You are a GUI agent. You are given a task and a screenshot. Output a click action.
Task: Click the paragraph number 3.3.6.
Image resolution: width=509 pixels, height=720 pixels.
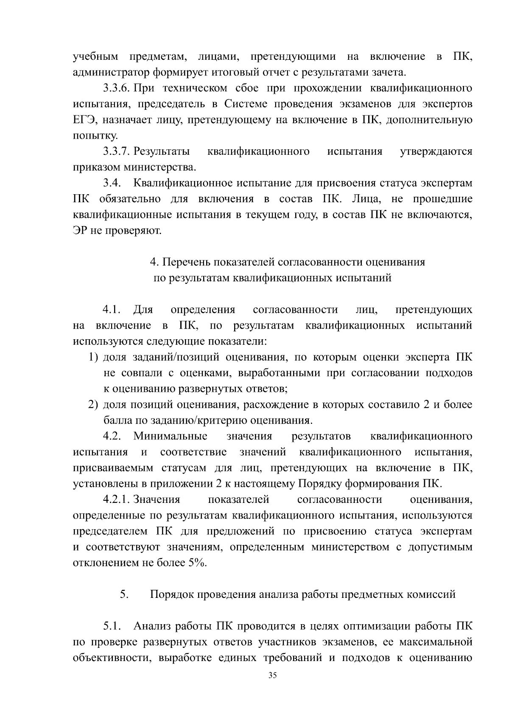click(x=116, y=89)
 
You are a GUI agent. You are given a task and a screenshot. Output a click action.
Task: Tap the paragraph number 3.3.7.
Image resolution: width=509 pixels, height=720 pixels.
click(x=116, y=151)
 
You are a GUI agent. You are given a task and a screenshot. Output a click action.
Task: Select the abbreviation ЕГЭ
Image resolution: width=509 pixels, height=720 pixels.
click(x=83, y=120)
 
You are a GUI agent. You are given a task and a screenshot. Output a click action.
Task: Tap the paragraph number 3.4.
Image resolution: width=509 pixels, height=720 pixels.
click(x=112, y=183)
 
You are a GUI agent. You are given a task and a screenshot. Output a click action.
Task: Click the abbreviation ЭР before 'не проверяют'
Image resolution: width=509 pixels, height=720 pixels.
click(x=80, y=231)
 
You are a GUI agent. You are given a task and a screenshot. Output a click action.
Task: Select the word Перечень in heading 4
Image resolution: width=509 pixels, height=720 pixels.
click(x=186, y=262)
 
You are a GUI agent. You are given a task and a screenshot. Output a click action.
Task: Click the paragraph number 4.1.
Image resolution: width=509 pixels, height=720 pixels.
click(x=112, y=310)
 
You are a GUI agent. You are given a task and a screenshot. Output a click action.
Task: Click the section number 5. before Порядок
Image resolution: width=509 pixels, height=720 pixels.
click(x=124, y=594)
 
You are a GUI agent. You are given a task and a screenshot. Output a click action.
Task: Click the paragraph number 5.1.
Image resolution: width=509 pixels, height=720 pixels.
click(x=112, y=626)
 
